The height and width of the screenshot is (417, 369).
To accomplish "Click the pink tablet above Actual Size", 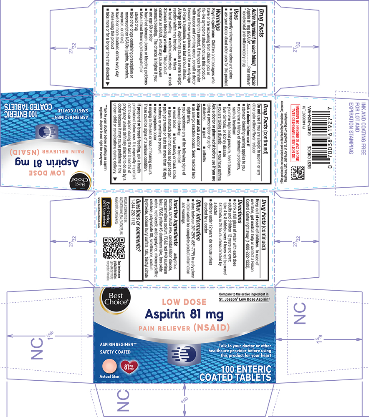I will point(109,366).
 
